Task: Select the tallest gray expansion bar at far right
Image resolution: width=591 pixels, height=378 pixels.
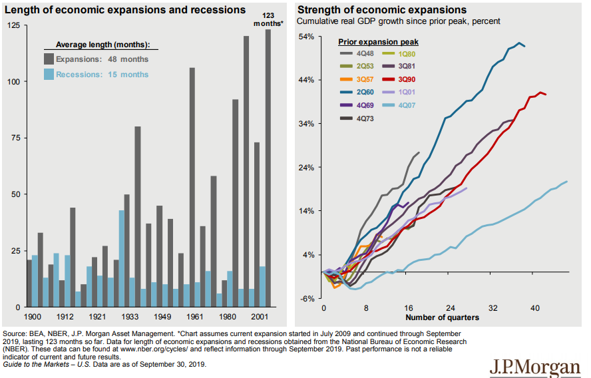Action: coord(268,166)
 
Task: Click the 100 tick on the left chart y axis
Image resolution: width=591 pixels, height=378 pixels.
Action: coord(14,81)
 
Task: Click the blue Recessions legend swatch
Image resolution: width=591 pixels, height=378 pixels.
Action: coord(49,75)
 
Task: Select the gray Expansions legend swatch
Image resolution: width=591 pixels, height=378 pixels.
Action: coord(49,59)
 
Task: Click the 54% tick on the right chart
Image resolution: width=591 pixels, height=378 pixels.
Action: coord(306,36)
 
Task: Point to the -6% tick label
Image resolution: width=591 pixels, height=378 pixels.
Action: coord(307,298)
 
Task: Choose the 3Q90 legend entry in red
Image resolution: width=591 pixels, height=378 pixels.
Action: coord(405,79)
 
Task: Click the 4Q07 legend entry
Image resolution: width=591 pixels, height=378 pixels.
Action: coord(405,104)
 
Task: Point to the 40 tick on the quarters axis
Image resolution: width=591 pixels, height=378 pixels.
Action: coord(535,308)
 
